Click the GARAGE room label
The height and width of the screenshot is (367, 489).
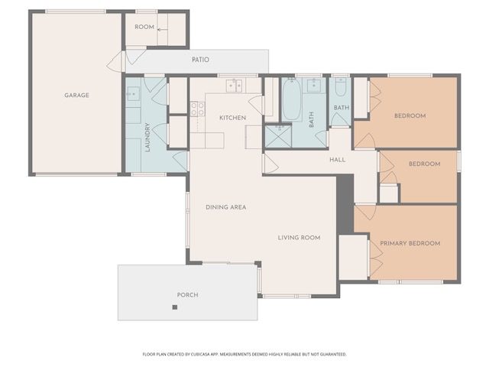(x=76, y=95)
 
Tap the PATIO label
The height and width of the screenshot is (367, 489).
(x=200, y=60)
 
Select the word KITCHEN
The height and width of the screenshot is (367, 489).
(x=232, y=118)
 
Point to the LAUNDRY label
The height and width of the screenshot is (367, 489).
(x=147, y=138)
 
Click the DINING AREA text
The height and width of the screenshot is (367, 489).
(x=226, y=207)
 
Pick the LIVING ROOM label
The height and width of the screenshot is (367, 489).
(x=299, y=238)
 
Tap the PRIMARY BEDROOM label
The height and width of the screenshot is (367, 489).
(x=410, y=243)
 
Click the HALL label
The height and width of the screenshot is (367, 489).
(x=338, y=160)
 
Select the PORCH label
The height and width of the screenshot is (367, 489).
(x=187, y=294)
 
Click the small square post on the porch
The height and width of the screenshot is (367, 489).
(x=175, y=307)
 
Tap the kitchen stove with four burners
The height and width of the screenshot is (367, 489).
(x=197, y=109)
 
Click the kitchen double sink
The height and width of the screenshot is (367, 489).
(x=235, y=86)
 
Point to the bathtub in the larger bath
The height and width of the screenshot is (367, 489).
(x=292, y=99)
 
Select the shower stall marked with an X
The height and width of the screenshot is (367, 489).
(x=278, y=136)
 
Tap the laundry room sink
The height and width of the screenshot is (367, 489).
(x=134, y=94)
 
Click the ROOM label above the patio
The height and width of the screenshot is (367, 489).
(x=144, y=27)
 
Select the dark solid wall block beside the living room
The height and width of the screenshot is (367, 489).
(x=345, y=204)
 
